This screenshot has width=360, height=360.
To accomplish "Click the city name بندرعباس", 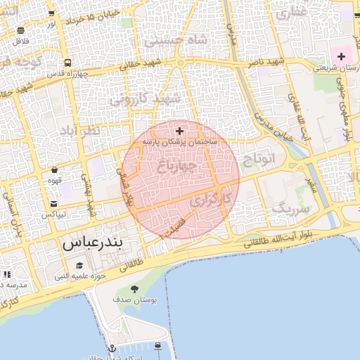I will (93, 243).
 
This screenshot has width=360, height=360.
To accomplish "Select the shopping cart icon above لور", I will (51, 14).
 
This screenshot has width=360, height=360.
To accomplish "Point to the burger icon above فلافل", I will (20, 30).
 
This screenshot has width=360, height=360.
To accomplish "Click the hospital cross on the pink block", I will (341, 56).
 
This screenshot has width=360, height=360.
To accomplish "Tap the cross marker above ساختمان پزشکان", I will (179, 131).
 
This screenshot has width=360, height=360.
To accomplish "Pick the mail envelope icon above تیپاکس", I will (54, 203).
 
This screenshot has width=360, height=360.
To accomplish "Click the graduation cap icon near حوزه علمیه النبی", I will (79, 266).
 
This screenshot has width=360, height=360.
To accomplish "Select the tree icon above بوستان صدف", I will (135, 290).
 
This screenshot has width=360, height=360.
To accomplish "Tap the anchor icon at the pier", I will (111, 349).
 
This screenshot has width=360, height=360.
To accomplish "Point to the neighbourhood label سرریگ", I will (290, 209).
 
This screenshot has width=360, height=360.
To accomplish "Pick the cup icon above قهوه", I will (55, 169).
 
